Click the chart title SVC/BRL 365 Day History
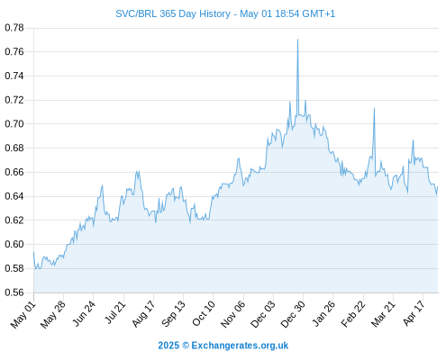[173, 13]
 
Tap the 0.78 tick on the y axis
[14, 28]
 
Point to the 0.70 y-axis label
[14, 124]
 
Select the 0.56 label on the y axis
[14, 292]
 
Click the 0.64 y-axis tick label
[14, 196]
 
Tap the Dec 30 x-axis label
[293, 314]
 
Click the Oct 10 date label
[204, 313]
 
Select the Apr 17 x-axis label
[414, 313]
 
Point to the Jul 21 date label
[114, 312]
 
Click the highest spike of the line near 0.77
[297, 40]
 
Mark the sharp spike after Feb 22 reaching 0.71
[374, 108]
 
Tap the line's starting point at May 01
[33, 252]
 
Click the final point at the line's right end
[438, 186]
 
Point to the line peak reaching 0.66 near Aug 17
[138, 171]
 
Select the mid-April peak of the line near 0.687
[414, 139]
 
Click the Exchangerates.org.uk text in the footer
[240, 346]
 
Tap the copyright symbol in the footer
[186, 346]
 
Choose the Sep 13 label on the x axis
[174, 314]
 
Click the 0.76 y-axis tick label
[14, 52]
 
